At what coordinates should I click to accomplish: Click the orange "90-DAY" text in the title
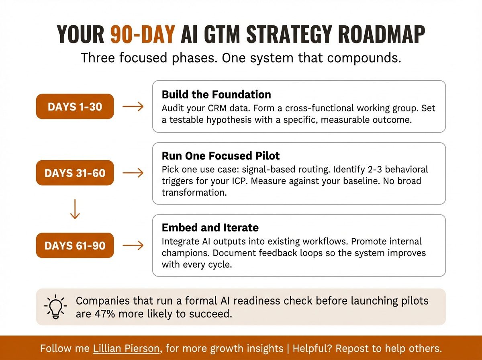click(143, 35)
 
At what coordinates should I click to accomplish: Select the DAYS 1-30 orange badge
click(75, 107)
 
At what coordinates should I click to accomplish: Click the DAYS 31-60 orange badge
click(75, 173)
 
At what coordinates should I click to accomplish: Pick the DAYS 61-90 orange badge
click(75, 245)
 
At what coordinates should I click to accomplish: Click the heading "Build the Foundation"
click(216, 95)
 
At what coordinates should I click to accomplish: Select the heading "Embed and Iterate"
click(210, 228)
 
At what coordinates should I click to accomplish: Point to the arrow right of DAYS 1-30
click(133, 107)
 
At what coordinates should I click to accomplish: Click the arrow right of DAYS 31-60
click(133, 173)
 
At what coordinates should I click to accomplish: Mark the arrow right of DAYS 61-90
click(133, 245)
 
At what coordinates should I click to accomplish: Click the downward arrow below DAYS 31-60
click(75, 209)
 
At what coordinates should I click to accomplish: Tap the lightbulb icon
click(56, 307)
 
